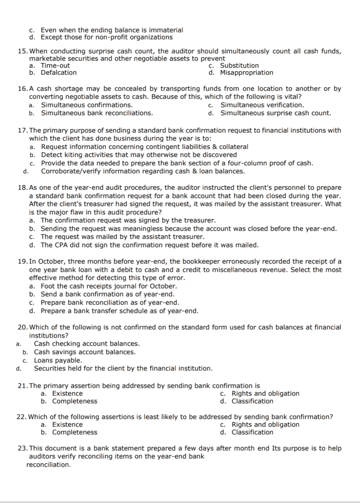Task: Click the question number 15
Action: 23,51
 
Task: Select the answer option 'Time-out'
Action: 55,66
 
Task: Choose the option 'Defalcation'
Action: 58,73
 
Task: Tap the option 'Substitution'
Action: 239,66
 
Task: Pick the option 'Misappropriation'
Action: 246,73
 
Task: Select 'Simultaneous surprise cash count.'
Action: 276,113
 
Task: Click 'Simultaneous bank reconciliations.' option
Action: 97,113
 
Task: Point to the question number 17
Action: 23,131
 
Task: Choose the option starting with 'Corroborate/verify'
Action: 143,171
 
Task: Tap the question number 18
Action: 23,188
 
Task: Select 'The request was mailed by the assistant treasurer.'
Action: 122,237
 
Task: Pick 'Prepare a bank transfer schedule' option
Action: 119,311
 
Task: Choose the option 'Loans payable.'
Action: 58,361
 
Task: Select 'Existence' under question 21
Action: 67,394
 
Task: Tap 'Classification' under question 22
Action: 252,433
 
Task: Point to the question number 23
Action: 23,449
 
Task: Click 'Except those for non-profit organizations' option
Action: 107,37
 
